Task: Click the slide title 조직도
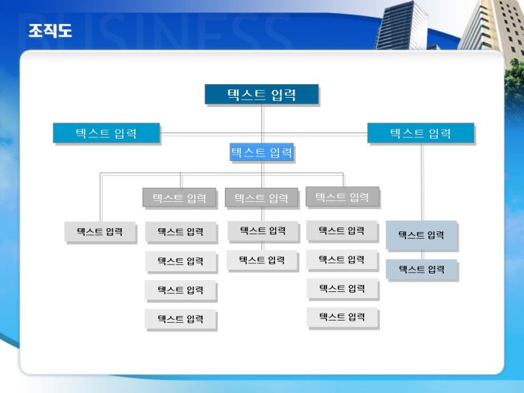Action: click(50, 30)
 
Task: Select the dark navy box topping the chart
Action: click(261, 94)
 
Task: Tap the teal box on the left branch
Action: click(106, 133)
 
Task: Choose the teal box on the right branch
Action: click(421, 133)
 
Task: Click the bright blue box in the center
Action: click(262, 152)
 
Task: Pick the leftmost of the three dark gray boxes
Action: click(180, 197)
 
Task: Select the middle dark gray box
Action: click(261, 197)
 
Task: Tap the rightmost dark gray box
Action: click(342, 196)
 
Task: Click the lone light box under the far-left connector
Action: click(100, 232)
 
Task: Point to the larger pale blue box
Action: click(422, 235)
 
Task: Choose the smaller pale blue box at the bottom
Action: click(422, 270)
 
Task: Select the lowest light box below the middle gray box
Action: click(262, 260)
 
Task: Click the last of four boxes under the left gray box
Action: click(180, 319)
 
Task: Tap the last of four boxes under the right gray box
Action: click(342, 317)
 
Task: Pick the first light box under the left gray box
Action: click(180, 232)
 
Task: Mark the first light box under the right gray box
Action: click(342, 230)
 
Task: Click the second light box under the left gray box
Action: click(180, 261)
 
